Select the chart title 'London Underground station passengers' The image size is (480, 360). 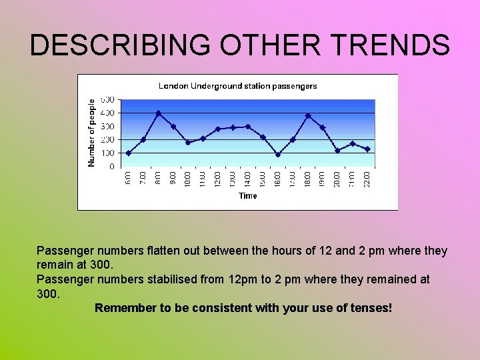click(x=237, y=86)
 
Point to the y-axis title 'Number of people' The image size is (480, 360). click(x=92, y=133)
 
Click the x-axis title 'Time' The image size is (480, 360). click(x=247, y=195)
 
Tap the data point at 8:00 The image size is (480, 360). click(x=158, y=113)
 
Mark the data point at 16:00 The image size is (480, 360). click(x=277, y=155)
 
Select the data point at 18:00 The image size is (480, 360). click(x=307, y=116)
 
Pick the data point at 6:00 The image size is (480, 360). click(x=129, y=153)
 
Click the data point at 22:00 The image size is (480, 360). click(x=367, y=149)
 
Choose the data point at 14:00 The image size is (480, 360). click(x=247, y=127)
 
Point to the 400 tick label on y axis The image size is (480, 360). click(x=107, y=113)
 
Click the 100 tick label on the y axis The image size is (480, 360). click(x=107, y=153)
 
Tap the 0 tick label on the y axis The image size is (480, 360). click(x=111, y=167)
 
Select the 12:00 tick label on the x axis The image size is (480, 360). click(x=218, y=179)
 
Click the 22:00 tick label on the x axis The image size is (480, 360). click(x=367, y=179)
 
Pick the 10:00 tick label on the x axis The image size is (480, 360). click(x=188, y=179)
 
